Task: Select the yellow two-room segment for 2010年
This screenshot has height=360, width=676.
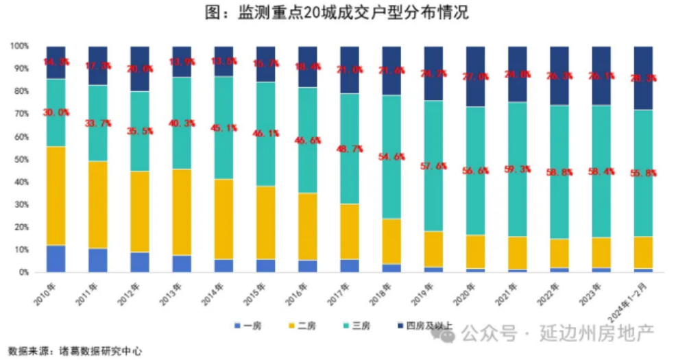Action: (56, 196)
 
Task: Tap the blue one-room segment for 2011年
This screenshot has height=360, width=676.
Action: (98, 260)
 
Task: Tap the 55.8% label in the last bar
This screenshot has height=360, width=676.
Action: (644, 173)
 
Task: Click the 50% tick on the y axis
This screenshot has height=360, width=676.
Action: (19, 159)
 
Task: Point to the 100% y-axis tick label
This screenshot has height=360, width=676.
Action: (18, 46)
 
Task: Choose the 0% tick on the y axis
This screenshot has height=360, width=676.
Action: (21, 272)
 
